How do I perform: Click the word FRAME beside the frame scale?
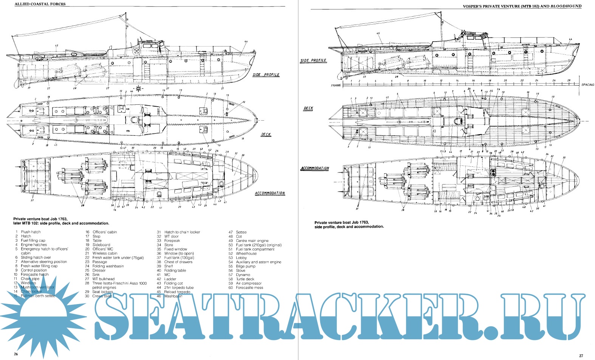click(x=336, y=85)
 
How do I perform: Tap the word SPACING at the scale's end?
click(x=588, y=85)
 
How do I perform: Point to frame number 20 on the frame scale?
click(x=505, y=81)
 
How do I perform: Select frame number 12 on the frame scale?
click(x=441, y=81)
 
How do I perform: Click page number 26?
click(x=15, y=354)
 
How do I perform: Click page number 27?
click(x=581, y=355)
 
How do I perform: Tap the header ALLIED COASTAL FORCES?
click(x=39, y=4)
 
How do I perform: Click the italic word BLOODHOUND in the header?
click(x=566, y=6)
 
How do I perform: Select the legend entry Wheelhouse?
click(x=246, y=253)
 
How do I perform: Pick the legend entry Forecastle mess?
click(x=249, y=287)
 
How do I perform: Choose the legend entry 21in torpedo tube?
click(x=179, y=288)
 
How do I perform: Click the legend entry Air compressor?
click(x=249, y=283)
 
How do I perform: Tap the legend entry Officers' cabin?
click(x=105, y=232)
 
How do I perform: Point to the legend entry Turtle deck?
click(x=245, y=279)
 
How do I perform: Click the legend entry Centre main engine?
click(x=252, y=241)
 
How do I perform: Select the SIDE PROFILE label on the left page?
click(x=266, y=75)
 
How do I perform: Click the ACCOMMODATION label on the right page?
click(x=315, y=168)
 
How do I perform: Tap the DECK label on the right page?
click(x=308, y=109)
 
